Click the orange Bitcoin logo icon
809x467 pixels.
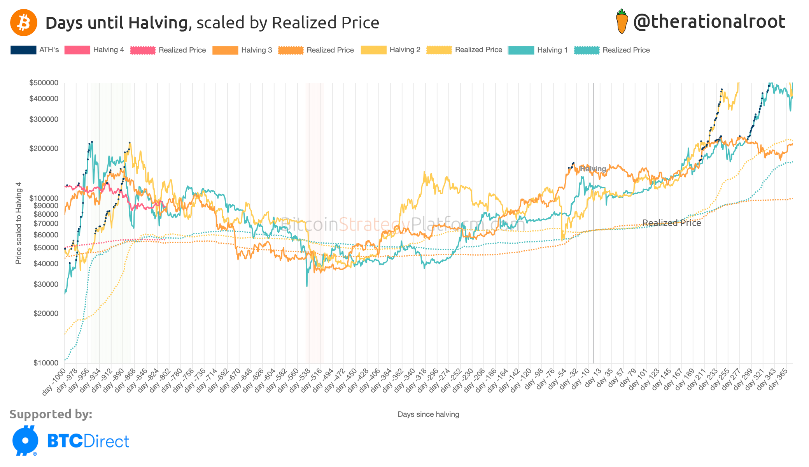[23, 23]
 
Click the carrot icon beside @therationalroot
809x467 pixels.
[622, 21]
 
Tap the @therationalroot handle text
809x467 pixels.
[709, 22]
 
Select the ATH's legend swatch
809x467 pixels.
[23, 50]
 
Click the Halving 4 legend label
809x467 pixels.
[108, 50]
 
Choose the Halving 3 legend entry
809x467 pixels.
[256, 50]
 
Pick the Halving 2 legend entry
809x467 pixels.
[404, 50]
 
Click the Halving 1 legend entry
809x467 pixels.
[552, 50]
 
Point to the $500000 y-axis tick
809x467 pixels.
[44, 83]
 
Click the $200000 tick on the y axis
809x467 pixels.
[44, 149]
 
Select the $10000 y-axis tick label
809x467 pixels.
[46, 363]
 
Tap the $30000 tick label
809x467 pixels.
[46, 284]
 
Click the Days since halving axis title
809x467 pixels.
[428, 414]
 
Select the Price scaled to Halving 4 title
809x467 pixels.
[18, 223]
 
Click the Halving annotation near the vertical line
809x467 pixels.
[593, 169]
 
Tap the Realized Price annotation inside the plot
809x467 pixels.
[671, 223]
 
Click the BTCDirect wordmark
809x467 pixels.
[88, 441]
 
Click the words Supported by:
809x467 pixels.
[51, 414]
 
